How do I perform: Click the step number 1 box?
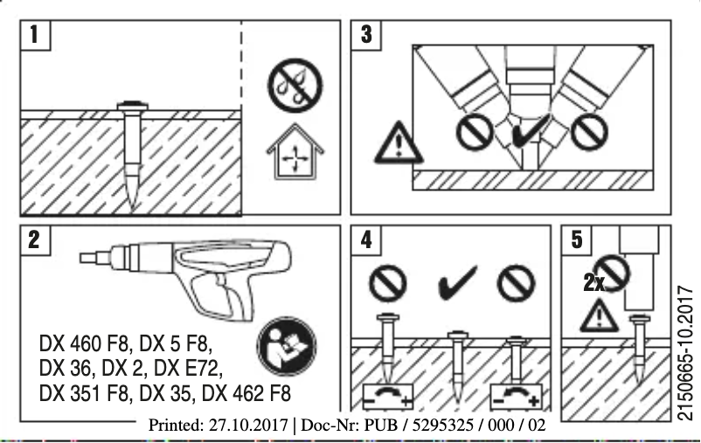(35, 36)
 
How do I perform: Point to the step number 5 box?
(577, 241)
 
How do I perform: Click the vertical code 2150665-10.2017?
(684, 350)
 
